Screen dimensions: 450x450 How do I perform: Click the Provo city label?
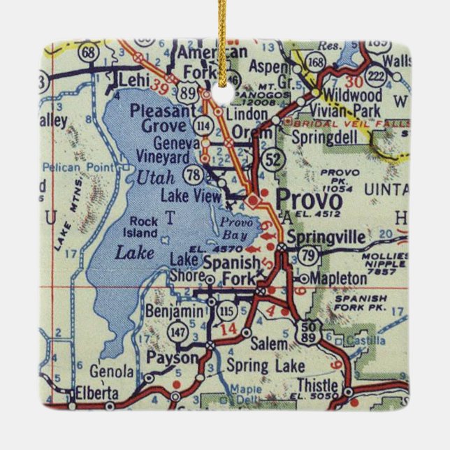308,198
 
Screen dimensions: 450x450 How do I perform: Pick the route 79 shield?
307,257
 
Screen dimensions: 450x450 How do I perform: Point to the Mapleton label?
337,278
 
